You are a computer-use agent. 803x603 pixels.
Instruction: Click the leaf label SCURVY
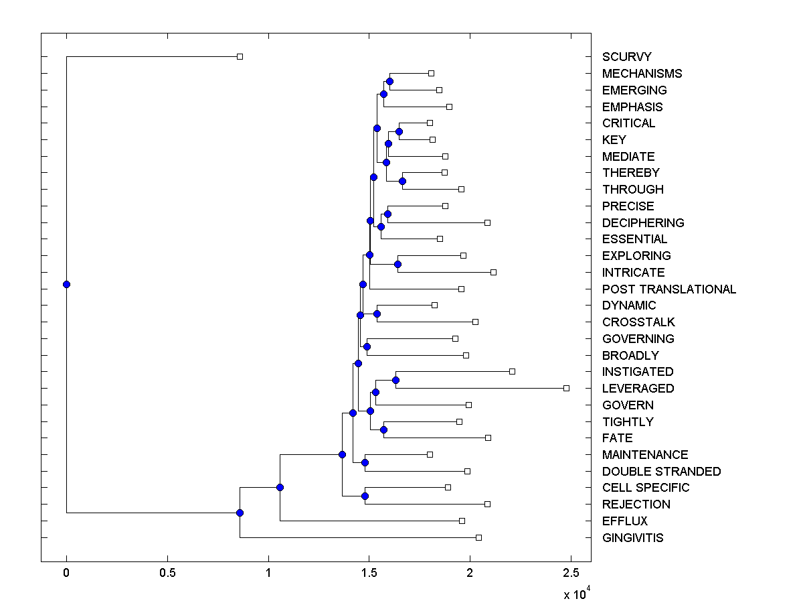click(x=626, y=57)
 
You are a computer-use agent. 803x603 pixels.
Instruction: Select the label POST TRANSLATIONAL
click(x=668, y=289)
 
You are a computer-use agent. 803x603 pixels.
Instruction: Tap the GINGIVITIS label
click(x=632, y=537)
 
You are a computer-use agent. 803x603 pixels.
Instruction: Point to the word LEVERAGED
click(x=638, y=388)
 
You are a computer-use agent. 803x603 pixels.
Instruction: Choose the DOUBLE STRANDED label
click(x=661, y=471)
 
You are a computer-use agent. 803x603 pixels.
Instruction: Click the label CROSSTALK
click(x=638, y=322)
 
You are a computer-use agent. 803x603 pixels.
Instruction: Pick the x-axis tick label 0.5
click(x=167, y=573)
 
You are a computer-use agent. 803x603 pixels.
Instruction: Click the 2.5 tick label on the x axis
click(x=571, y=573)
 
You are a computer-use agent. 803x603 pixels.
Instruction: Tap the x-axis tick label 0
click(x=66, y=573)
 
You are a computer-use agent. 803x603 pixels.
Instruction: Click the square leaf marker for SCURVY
click(x=240, y=57)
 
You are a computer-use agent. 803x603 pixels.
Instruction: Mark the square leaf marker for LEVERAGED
click(x=566, y=388)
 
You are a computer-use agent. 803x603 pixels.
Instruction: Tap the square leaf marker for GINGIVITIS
click(x=478, y=537)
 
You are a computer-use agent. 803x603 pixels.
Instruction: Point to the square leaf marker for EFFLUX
click(x=462, y=521)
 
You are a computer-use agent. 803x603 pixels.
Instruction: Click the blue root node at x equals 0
click(x=66, y=284)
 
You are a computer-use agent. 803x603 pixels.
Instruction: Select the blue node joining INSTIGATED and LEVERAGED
click(x=395, y=380)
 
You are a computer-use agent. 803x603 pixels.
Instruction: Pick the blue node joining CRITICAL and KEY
click(x=399, y=131)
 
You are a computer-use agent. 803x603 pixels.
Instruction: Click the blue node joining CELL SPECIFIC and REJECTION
click(x=365, y=496)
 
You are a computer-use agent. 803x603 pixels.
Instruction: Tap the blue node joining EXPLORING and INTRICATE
click(x=397, y=264)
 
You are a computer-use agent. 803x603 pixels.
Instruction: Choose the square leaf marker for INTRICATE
click(x=493, y=272)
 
